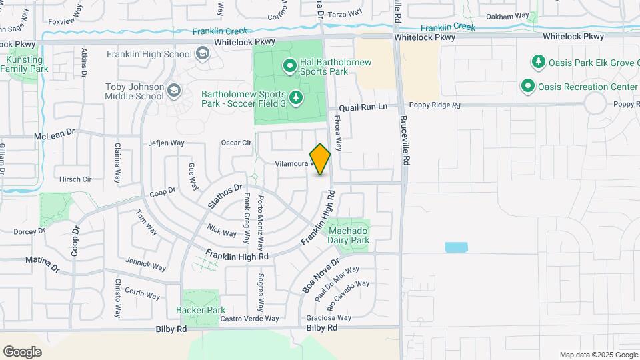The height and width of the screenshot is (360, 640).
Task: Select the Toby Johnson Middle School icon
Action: [173, 91]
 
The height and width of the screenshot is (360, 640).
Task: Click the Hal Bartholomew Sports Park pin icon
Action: [290, 65]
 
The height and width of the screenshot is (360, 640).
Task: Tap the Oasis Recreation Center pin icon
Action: [528, 87]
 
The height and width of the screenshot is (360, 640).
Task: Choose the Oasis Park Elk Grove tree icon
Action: [538, 62]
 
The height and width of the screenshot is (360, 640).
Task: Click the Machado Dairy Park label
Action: [349, 235]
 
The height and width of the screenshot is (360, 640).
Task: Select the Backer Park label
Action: [201, 310]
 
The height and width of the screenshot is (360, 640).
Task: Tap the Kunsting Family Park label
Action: [28, 64]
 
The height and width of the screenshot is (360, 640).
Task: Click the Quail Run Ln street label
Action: [363, 107]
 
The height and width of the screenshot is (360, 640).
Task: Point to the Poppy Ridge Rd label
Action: [435, 105]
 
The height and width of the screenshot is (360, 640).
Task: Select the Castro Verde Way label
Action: [249, 319]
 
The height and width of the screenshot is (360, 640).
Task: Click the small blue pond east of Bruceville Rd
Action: [457, 247]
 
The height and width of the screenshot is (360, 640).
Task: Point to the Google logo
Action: [22, 352]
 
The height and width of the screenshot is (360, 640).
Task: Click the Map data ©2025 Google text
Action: [597, 355]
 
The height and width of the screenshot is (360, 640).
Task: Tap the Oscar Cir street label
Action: [236, 143]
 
